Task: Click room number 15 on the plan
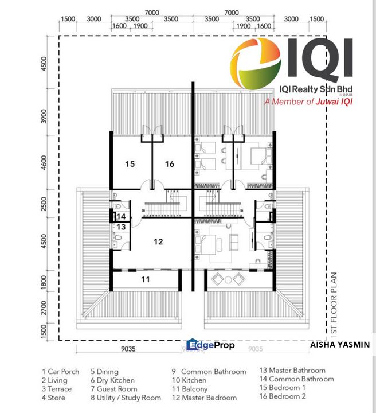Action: pos(130,164)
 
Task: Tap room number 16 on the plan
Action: pos(170,164)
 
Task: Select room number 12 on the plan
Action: pos(158,242)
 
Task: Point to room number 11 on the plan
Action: pos(146,279)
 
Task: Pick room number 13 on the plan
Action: pos(122,227)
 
